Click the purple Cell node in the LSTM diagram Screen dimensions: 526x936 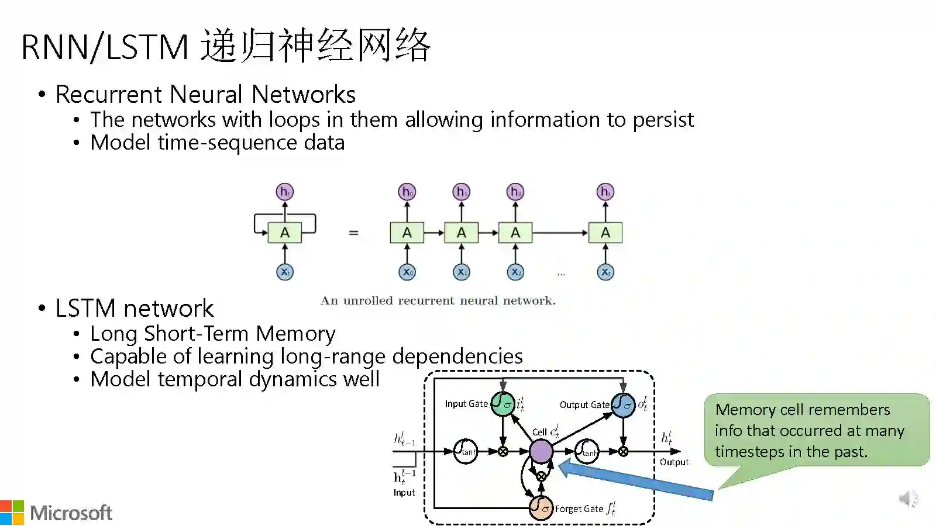point(541,451)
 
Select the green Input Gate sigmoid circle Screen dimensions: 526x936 point(503,404)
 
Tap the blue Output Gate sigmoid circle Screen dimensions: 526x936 point(623,404)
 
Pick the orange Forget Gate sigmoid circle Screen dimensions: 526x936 point(541,507)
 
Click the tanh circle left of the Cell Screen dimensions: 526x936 point(466,451)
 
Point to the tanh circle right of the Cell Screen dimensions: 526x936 point(587,451)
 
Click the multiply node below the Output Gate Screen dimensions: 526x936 point(623,451)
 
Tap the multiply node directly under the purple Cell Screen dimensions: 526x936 point(541,476)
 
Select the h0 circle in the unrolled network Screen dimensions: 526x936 point(407,192)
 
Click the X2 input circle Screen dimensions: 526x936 point(515,272)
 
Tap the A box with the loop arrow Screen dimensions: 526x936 point(285,233)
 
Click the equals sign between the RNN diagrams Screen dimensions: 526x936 point(353,233)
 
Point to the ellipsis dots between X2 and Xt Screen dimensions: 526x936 point(561,274)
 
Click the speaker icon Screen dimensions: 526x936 point(909,499)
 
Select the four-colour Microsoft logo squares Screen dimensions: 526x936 point(12,513)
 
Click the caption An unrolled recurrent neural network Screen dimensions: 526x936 point(438,300)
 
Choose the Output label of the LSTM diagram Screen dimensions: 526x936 point(674,462)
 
